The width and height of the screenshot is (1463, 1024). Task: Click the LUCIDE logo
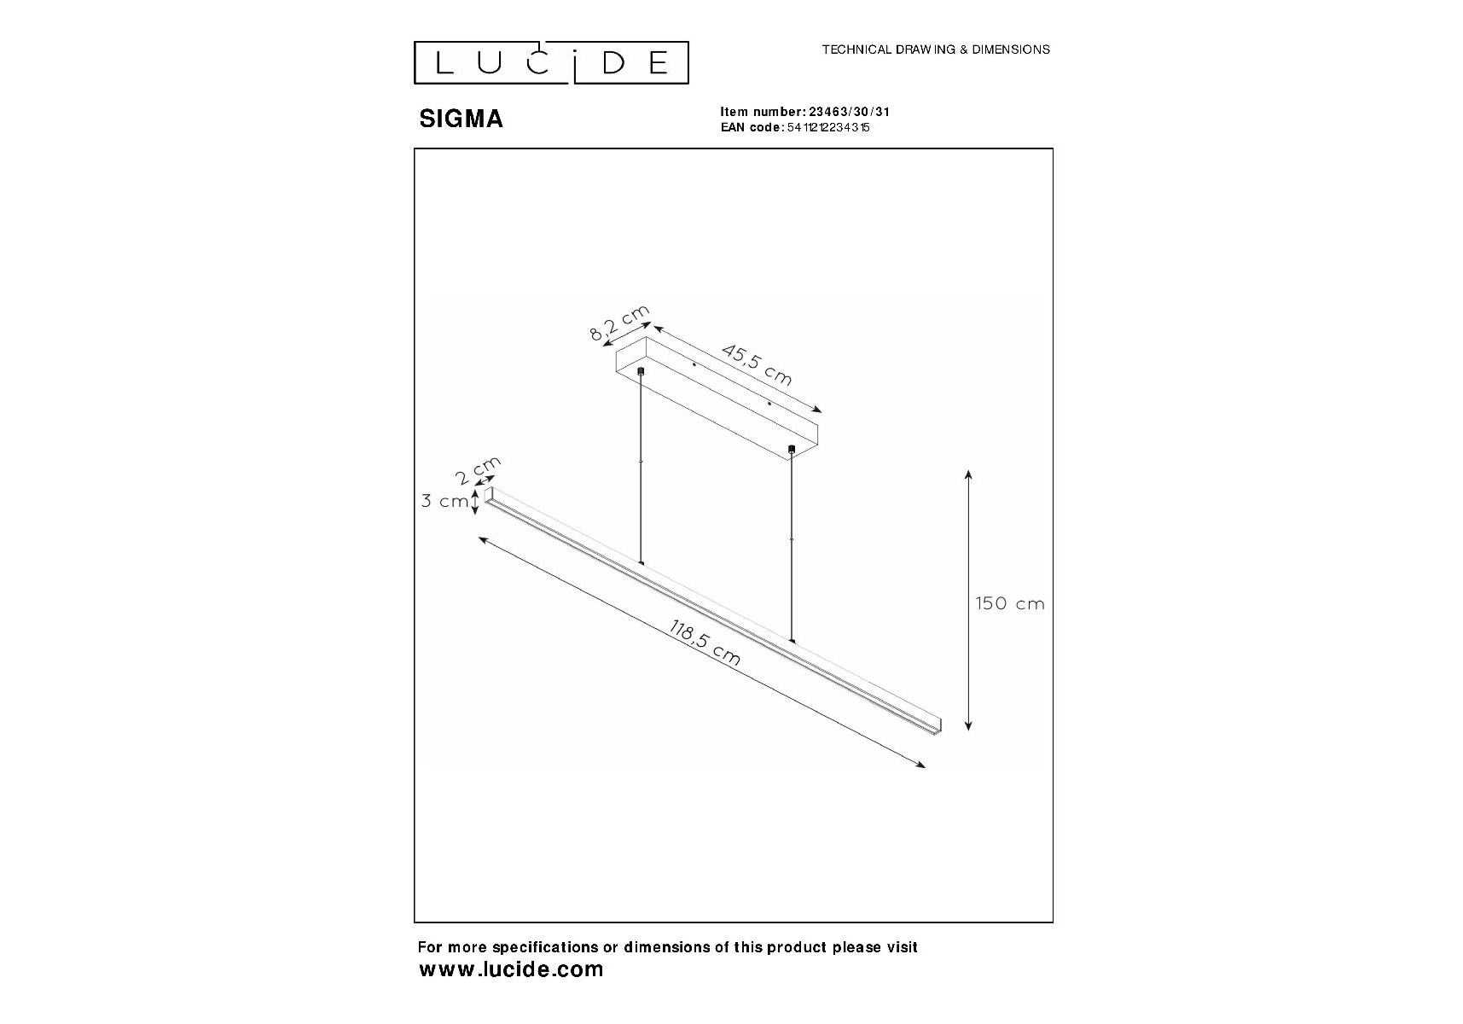coord(551,63)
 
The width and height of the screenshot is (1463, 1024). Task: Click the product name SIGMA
coord(461,119)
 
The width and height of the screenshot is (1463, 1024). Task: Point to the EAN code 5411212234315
coord(827,128)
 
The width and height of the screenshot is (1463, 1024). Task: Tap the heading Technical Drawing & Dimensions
coord(936,49)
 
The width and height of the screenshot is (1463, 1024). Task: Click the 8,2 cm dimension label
coord(619,323)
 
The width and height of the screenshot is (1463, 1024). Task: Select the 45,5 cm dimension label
coord(758,364)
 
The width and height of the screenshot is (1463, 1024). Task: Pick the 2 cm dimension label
coord(478,471)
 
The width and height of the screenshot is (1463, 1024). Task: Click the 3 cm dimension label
coord(444,501)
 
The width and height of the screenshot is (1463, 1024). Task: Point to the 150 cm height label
coord(1010,603)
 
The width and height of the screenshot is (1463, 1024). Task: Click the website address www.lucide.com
coord(512,969)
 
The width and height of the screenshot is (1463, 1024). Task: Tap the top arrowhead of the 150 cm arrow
coord(968,474)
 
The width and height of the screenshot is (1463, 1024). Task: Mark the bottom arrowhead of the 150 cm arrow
coord(968,725)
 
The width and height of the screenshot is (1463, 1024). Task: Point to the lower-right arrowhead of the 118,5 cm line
coord(920,765)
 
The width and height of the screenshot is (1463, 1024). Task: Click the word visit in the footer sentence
coord(901,947)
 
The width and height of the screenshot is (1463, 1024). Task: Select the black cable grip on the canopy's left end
coord(641,372)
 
